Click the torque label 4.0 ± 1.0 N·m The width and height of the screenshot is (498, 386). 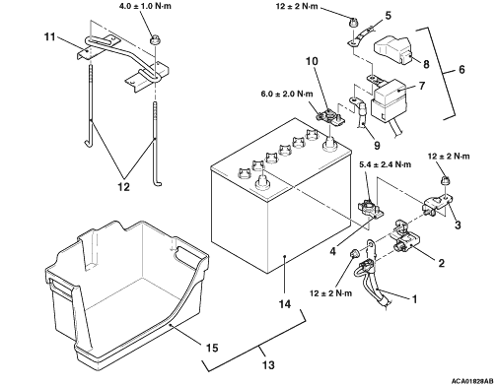pyautogui.click(x=145, y=6)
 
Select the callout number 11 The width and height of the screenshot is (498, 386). pyautogui.click(x=50, y=37)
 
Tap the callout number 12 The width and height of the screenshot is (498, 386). pyautogui.click(x=123, y=187)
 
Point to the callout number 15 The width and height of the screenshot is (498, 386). pyautogui.click(x=212, y=348)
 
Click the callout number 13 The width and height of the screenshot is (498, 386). pyautogui.click(x=268, y=364)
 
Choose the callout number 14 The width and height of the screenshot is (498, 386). pyautogui.click(x=285, y=304)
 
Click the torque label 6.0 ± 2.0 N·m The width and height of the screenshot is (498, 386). pyautogui.click(x=287, y=94)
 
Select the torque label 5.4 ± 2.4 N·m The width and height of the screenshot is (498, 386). pyautogui.click(x=385, y=164)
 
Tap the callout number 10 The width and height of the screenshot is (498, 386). pyautogui.click(x=312, y=61)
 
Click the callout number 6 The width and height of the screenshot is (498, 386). pyautogui.click(x=462, y=69)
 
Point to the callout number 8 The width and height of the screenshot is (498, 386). pyautogui.click(x=426, y=64)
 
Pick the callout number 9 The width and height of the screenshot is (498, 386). pyautogui.click(x=377, y=145)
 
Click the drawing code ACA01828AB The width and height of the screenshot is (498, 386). pyautogui.click(x=472, y=381)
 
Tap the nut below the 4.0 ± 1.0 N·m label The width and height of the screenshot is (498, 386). pyautogui.click(x=154, y=39)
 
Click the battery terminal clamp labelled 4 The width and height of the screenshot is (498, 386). pyautogui.click(x=370, y=209)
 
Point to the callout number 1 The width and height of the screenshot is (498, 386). pyautogui.click(x=414, y=299)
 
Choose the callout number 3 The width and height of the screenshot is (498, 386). pyautogui.click(x=458, y=225)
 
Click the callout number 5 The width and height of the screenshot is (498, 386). pyautogui.click(x=389, y=16)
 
